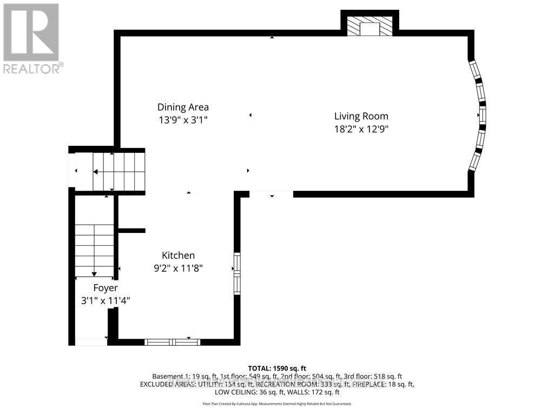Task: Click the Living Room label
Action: click(x=361, y=116)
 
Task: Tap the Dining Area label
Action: click(x=183, y=107)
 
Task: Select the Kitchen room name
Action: click(x=178, y=256)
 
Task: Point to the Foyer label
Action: click(x=105, y=287)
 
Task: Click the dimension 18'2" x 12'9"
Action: click(x=361, y=129)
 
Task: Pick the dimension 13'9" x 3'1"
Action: click(x=183, y=120)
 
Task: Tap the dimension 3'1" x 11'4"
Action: click(x=105, y=300)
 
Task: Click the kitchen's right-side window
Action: click(x=236, y=273)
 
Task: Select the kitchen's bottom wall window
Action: click(x=172, y=342)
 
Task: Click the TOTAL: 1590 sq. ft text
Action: click(x=276, y=368)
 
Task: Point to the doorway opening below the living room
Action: click(x=271, y=194)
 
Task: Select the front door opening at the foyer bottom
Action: click(x=90, y=342)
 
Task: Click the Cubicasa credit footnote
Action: click(x=276, y=404)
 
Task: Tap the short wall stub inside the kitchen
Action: click(x=131, y=231)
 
